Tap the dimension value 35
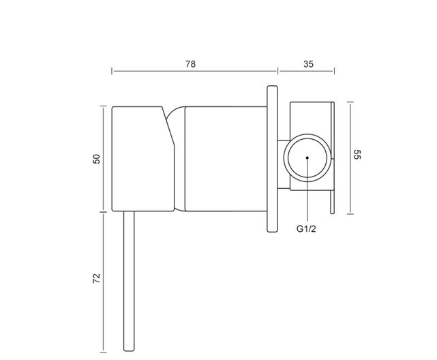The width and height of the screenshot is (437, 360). tap(307, 63)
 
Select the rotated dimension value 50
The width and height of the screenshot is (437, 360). tap(97, 158)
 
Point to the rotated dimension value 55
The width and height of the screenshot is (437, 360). tap(357, 155)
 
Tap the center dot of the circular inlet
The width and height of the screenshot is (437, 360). tap(307, 157)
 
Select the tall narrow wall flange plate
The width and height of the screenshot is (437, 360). tap(272, 159)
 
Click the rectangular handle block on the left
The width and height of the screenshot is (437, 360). tap(138, 158)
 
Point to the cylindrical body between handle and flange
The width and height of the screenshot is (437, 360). tap(225, 158)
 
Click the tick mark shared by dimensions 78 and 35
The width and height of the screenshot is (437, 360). tap(277, 70)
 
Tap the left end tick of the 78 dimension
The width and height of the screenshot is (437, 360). tap(112, 70)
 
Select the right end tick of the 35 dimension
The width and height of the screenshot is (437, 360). tap(334, 70)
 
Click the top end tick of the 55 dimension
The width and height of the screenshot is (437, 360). tap(350, 102)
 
